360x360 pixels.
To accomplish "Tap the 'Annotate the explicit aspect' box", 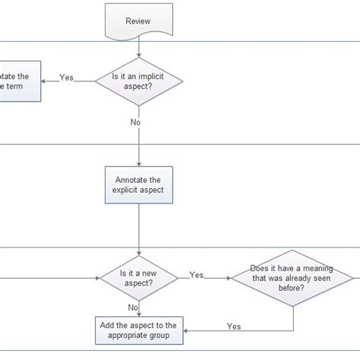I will [139, 185].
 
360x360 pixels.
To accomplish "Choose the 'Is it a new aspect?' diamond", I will [139, 277].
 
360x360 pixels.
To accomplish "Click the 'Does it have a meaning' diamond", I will [293, 277].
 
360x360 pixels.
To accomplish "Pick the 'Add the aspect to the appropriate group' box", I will [139, 330].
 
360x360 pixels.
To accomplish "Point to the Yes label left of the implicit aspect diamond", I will [67, 77].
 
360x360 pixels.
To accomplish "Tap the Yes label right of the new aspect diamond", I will [196, 275].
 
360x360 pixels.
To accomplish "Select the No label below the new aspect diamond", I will [134, 307].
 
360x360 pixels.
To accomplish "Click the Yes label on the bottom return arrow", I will [235, 327].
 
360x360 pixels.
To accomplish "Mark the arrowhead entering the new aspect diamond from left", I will [99, 278].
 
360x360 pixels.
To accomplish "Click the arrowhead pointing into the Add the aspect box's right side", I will [186, 330].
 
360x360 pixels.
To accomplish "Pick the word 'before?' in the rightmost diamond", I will [293, 288].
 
